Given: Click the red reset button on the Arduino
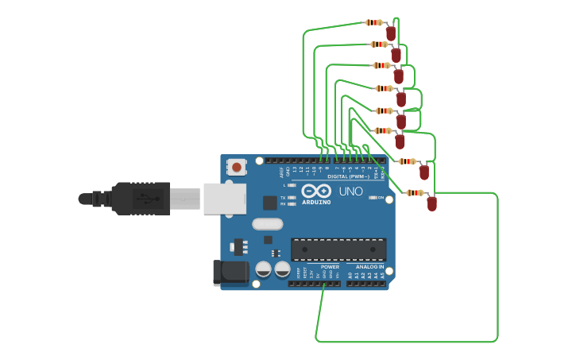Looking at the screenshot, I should tap(236, 167).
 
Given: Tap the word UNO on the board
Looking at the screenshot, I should tap(350, 192).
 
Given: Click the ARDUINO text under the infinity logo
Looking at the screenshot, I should tap(316, 202).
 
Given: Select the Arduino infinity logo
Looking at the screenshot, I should tap(316, 191).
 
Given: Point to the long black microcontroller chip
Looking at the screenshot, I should tap(338, 250).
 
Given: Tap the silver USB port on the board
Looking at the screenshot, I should tap(225, 199).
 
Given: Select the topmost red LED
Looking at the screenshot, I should tap(391, 33).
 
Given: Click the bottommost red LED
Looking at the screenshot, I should tap(431, 203).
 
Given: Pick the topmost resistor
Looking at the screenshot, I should tap(374, 23).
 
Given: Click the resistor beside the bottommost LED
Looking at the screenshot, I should tap(415, 192).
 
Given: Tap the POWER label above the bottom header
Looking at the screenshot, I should tap(331, 267).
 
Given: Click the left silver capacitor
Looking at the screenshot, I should tap(263, 269).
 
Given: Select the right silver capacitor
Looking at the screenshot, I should tap(282, 269).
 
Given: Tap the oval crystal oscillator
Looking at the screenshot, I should tap(268, 224).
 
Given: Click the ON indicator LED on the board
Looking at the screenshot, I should tap(373, 197).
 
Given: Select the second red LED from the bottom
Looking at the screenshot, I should tap(423, 172).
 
